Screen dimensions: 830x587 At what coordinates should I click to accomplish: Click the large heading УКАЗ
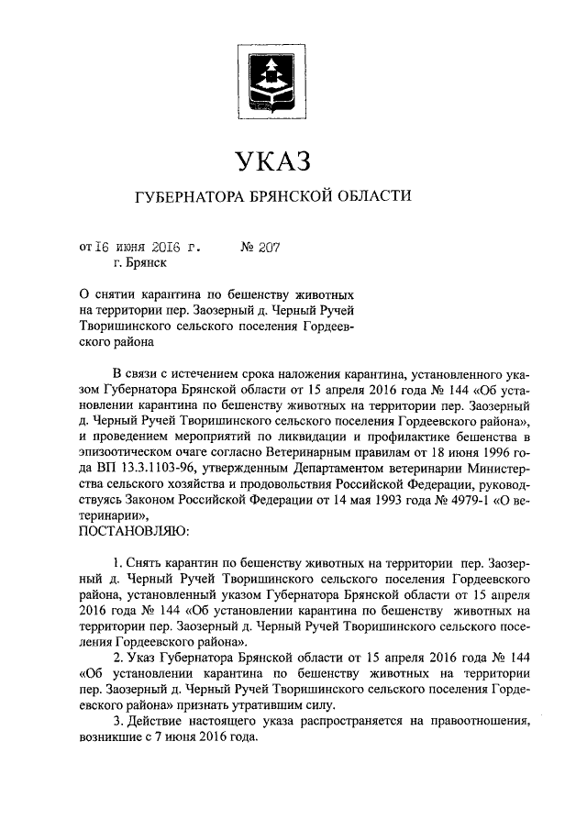click(272, 162)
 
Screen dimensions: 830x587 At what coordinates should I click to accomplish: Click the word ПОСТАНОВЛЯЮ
click(135, 530)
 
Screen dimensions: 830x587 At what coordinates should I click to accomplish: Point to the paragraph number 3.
click(115, 721)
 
